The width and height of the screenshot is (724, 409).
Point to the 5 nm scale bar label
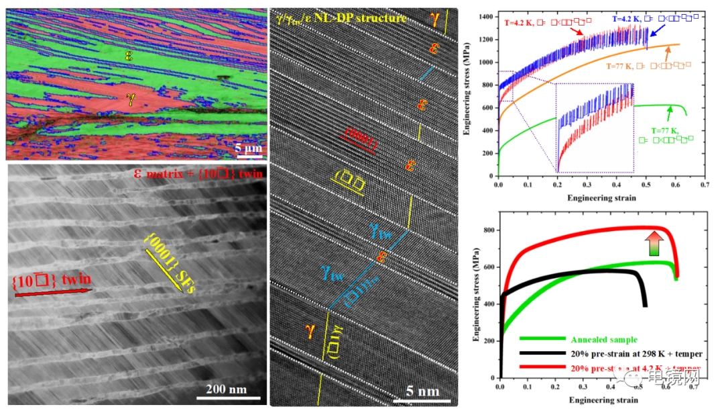click(x=423, y=391)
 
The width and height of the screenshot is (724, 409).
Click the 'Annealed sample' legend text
click(x=604, y=340)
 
